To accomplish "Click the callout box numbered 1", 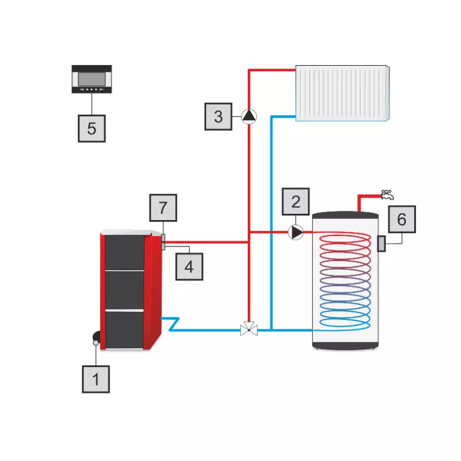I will (96, 379).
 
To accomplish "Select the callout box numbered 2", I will (296, 202).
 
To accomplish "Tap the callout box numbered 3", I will (218, 116).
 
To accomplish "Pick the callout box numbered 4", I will (190, 266).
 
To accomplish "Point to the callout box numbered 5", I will (92, 128).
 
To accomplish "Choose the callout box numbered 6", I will (402, 219).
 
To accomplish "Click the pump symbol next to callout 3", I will (249, 116).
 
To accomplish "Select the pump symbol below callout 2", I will (296, 232).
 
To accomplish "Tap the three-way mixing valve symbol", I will (249, 330).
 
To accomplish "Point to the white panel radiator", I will (343, 93).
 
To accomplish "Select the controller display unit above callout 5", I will (92, 79).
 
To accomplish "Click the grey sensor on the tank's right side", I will (381, 243).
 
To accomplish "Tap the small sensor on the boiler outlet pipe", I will (164, 241).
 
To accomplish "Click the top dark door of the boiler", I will (124, 252).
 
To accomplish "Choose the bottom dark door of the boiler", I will (124, 329).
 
